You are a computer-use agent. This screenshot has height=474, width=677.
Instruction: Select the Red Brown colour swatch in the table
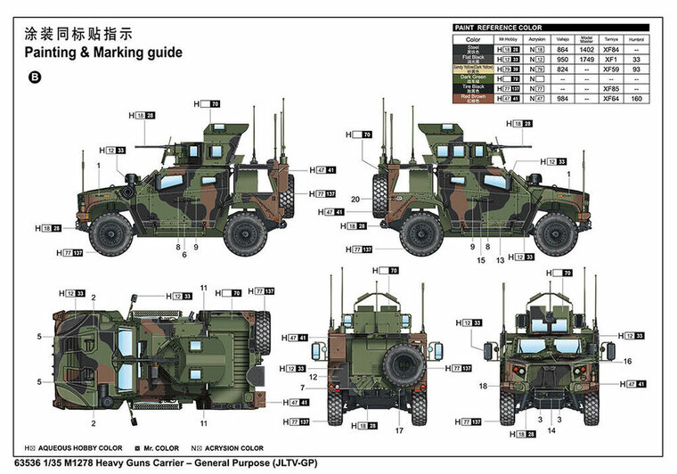[x=473, y=99]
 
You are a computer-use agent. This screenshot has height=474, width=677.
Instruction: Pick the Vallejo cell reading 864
[x=562, y=51]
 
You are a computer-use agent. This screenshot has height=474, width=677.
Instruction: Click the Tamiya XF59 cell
[x=611, y=69]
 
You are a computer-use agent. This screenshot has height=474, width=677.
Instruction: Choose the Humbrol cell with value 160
[x=635, y=99]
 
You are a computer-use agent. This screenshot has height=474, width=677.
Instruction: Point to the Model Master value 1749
[x=586, y=60]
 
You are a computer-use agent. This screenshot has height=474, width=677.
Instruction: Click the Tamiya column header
[x=611, y=40]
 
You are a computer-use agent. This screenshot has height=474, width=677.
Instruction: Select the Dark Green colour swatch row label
[x=473, y=79]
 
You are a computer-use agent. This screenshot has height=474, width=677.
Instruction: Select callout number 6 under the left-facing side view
[x=184, y=255]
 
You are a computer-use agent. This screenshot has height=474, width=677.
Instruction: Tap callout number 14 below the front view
[x=551, y=430]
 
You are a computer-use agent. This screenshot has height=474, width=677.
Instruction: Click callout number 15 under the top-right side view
[x=480, y=260]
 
